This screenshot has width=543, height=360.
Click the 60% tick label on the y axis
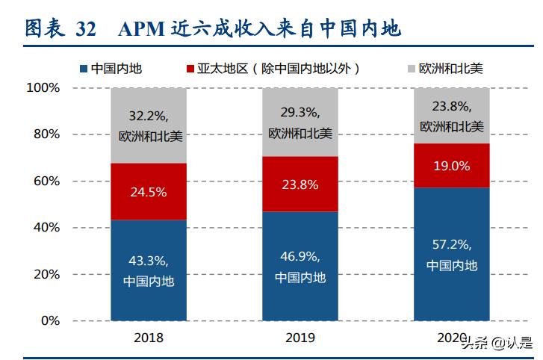46,181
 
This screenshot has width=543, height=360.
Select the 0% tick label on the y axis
50,320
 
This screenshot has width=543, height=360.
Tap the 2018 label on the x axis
148,338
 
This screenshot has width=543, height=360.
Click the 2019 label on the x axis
300,338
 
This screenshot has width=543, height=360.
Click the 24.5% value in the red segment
148,191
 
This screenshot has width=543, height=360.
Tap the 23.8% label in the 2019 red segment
300,184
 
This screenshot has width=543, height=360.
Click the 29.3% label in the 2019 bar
300,112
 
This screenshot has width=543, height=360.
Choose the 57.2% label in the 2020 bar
452,245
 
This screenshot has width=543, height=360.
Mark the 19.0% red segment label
452,167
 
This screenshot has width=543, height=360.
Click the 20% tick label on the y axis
46,274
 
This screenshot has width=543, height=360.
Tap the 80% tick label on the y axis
46,134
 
